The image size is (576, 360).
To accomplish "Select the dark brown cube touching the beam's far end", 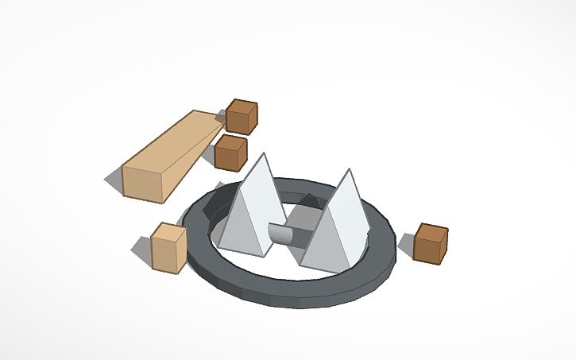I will point(241,117).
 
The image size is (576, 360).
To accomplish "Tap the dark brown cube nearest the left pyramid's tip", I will point(230,153).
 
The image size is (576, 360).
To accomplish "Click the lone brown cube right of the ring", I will point(430,243).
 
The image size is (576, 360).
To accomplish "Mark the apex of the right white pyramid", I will point(347,170).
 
